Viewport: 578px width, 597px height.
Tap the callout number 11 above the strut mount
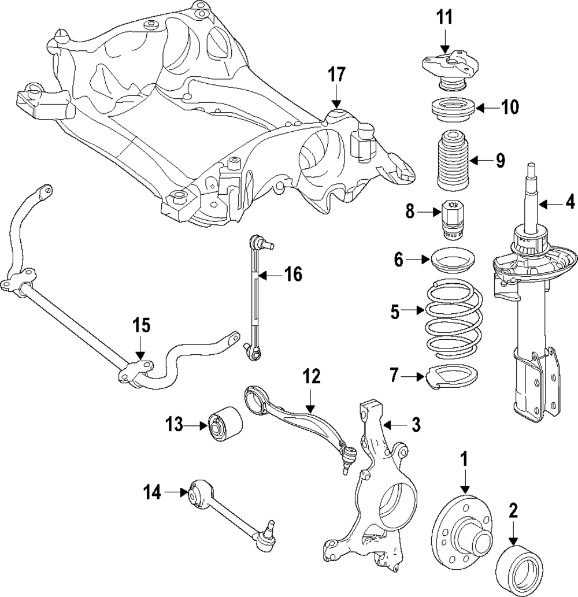click(x=444, y=18)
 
